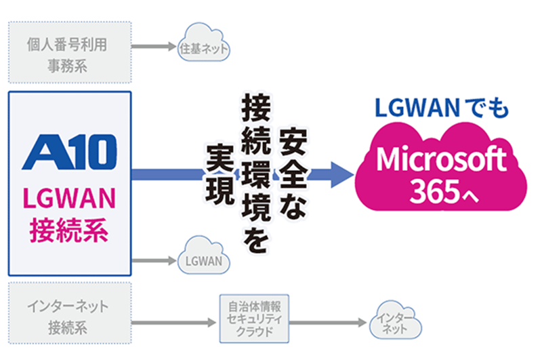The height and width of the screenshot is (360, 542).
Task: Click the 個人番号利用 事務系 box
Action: pyautogui.click(x=68, y=54)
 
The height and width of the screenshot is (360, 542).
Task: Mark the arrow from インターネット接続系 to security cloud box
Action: pyautogui.click(x=175, y=324)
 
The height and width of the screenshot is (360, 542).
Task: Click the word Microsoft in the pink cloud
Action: pyautogui.click(x=441, y=159)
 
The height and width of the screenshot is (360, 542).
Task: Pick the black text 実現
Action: pyautogui.click(x=216, y=173)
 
